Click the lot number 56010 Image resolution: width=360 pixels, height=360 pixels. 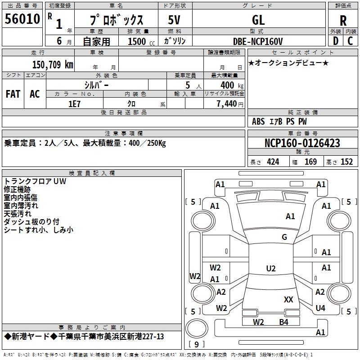click(x=22, y=19)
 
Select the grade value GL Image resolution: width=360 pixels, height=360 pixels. click(x=259, y=20)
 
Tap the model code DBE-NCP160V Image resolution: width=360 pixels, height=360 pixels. click(x=258, y=41)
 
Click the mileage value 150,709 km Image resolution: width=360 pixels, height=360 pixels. click(x=52, y=64)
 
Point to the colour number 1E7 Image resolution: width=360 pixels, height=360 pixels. click(x=74, y=104)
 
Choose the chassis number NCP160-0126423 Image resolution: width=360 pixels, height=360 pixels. click(x=302, y=143)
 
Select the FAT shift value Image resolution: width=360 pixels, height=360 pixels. click(x=13, y=94)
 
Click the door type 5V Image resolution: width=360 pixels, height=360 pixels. click(x=175, y=20)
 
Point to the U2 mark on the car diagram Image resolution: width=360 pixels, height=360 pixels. click(x=270, y=269)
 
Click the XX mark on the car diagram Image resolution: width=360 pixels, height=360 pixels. click(x=288, y=299)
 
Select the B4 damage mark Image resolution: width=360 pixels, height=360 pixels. click(x=283, y=322)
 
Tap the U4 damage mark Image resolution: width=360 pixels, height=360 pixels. click(x=320, y=308)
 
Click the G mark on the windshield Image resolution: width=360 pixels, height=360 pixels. click(x=284, y=237)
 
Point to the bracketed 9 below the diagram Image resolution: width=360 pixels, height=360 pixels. click(x=196, y=345)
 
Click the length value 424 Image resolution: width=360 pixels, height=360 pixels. click(x=273, y=162)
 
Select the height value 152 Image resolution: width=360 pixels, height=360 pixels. click(x=346, y=162)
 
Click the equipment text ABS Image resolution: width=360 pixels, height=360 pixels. click(x=258, y=121)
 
